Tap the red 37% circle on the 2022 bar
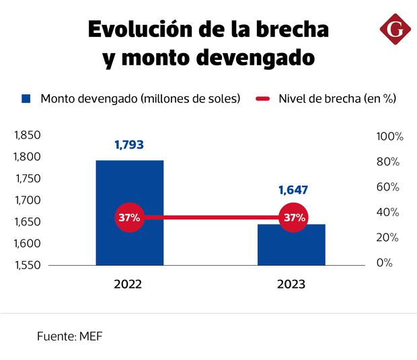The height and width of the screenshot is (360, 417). click(130, 217)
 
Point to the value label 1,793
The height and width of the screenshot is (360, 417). click(129, 145)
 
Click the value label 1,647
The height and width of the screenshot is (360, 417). click(293, 190)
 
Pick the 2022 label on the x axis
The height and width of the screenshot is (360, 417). click(128, 285)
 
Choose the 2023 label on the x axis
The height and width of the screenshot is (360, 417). click(291, 285)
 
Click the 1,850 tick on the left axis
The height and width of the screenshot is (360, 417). click(28, 135)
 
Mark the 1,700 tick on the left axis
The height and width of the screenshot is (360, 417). click(28, 200)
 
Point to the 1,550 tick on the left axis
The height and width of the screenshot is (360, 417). click(28, 264)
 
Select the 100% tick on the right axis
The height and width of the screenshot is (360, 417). click(389, 137)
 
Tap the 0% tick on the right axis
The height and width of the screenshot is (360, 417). click(385, 263)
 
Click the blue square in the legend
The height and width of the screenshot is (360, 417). click(27, 98)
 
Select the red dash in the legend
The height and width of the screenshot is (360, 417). click(263, 99)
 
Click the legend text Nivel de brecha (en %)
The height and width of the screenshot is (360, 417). click(337, 98)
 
